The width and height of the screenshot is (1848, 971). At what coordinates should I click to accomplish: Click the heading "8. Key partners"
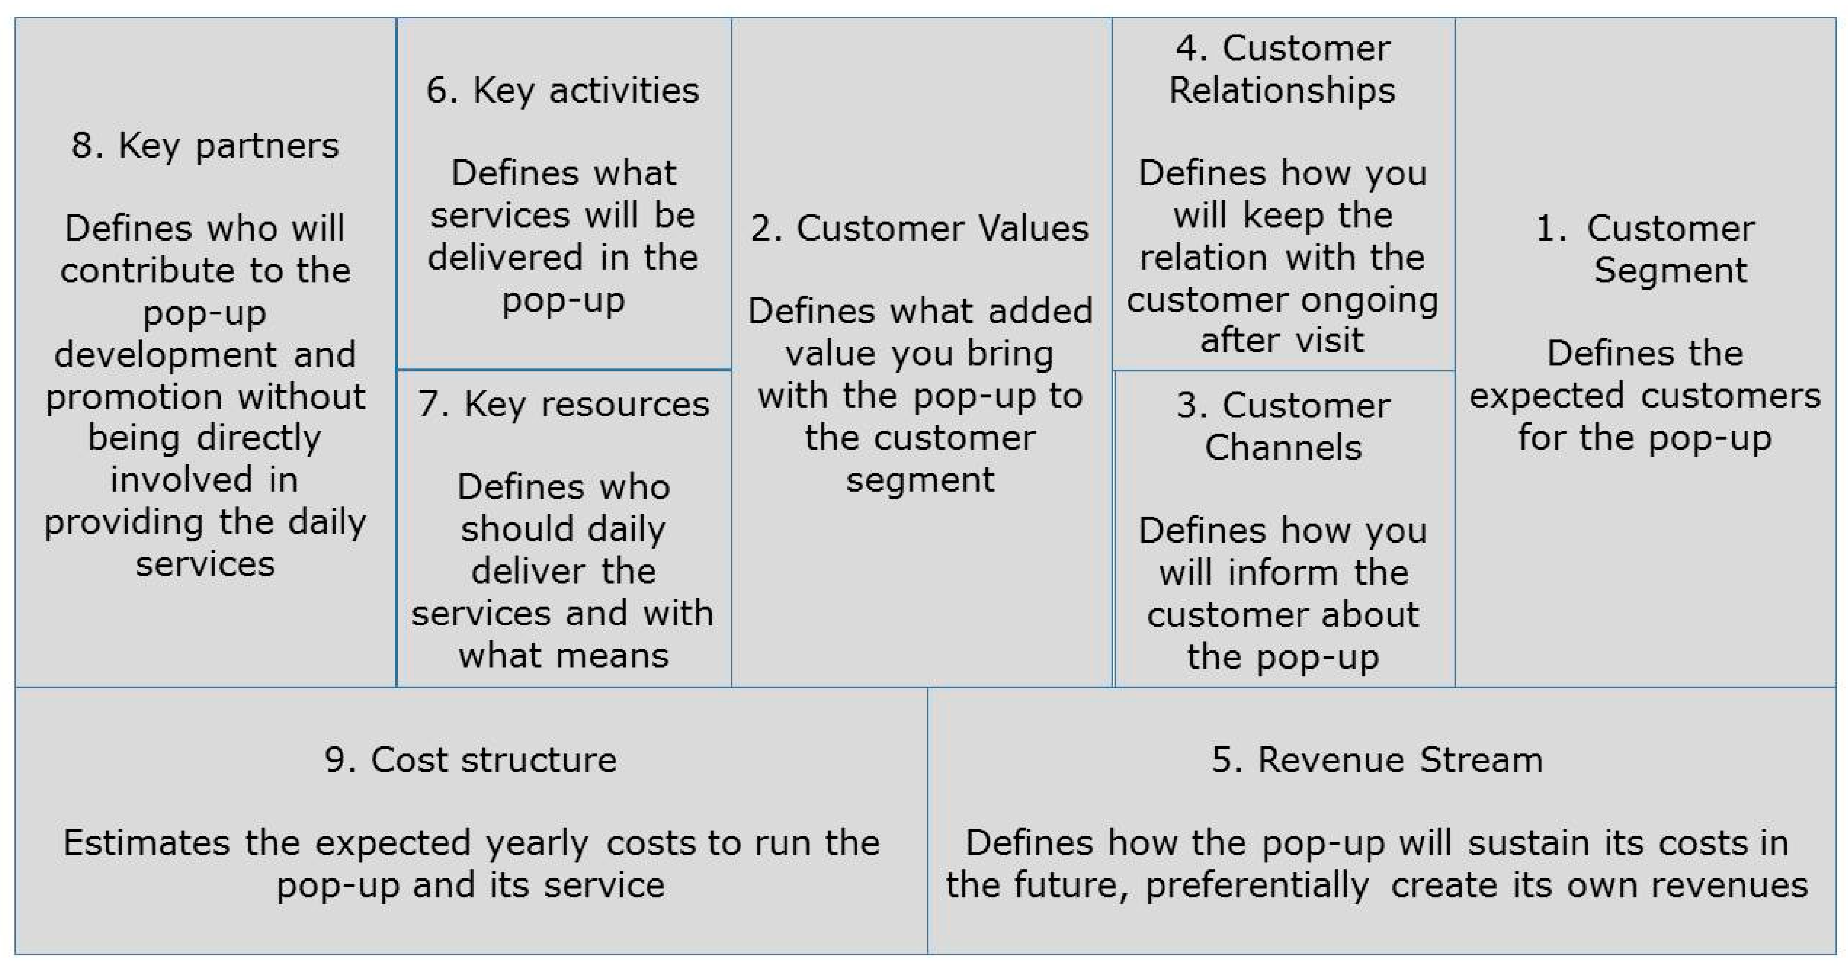(205, 146)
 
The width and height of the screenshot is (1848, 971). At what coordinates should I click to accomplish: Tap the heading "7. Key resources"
(563, 405)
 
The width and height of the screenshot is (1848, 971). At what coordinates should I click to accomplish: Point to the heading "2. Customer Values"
(920, 229)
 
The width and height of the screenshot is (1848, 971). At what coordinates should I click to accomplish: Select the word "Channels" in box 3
(1283, 449)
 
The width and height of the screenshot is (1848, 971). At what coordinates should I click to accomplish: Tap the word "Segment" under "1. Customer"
(1670, 271)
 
